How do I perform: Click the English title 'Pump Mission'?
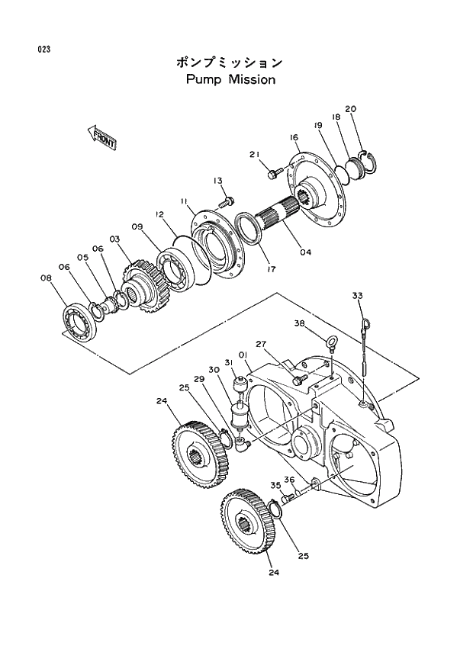(x=230, y=79)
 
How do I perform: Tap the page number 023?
(x=43, y=50)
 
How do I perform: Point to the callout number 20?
(x=350, y=108)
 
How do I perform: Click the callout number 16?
(x=293, y=137)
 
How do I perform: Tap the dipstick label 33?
(x=358, y=295)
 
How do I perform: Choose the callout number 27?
(x=261, y=344)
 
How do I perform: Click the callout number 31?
(x=228, y=362)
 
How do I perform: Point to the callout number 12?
(x=160, y=216)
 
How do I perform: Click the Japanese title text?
(x=230, y=62)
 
